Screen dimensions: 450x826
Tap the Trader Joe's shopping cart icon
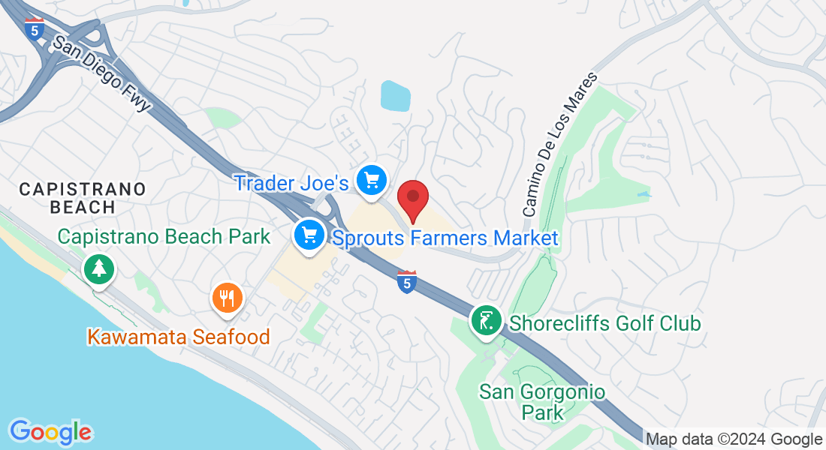pos(371,181)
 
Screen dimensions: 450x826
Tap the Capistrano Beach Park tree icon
pos(98,268)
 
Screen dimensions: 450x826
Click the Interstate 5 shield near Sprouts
pos(406,282)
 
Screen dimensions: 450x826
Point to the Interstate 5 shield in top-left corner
pos(34,29)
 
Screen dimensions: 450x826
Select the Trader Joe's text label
pos(291,182)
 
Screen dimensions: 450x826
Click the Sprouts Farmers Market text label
pos(445,238)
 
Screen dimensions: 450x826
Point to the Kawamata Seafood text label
pos(179,337)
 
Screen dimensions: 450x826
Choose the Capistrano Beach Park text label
pos(164,237)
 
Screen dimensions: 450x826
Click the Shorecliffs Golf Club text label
pos(605,323)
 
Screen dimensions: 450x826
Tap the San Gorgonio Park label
pos(542,401)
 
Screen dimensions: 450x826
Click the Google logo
pos(50,432)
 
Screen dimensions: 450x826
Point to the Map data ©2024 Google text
pos(734,439)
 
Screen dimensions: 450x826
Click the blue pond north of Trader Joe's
pos(396,95)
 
